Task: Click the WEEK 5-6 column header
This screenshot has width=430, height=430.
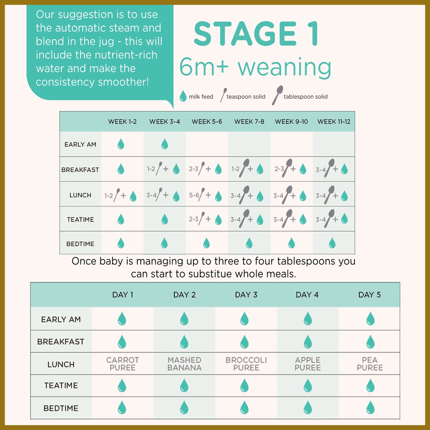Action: [x=207, y=121]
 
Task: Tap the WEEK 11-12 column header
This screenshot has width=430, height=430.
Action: [x=334, y=121]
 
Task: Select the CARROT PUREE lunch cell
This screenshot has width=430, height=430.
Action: [x=123, y=364]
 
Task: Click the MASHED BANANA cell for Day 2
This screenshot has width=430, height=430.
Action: [x=184, y=364]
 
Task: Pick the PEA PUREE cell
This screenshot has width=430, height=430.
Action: [x=370, y=364]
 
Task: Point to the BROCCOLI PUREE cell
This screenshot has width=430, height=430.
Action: [x=246, y=364]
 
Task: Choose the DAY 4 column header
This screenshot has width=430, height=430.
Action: [x=307, y=295]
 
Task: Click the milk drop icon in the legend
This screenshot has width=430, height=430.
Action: [x=183, y=96]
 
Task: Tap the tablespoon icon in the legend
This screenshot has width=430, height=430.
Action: [x=277, y=95]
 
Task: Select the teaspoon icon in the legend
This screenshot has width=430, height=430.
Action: [x=223, y=95]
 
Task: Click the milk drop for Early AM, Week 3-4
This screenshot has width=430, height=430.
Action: [x=165, y=144]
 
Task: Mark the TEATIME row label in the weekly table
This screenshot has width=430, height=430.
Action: [x=80, y=219]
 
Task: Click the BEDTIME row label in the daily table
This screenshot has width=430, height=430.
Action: [x=61, y=408]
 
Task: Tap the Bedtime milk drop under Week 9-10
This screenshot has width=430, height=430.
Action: [x=291, y=243]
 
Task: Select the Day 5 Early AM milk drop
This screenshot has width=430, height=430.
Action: [x=370, y=318]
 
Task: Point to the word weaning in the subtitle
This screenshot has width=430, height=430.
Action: [x=284, y=68]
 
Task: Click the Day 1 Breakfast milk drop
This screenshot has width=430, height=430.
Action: [x=122, y=342]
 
